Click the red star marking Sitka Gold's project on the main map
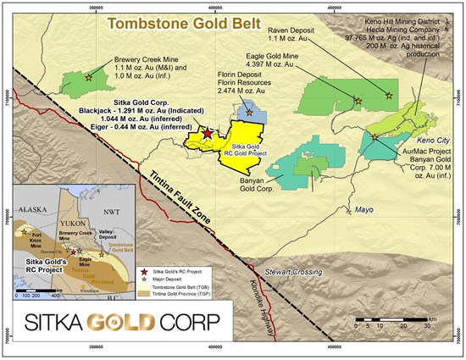pyautogui.click(x=208, y=133)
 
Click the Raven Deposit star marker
pyautogui.click(x=389, y=96)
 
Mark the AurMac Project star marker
pyautogui.click(x=375, y=136)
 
